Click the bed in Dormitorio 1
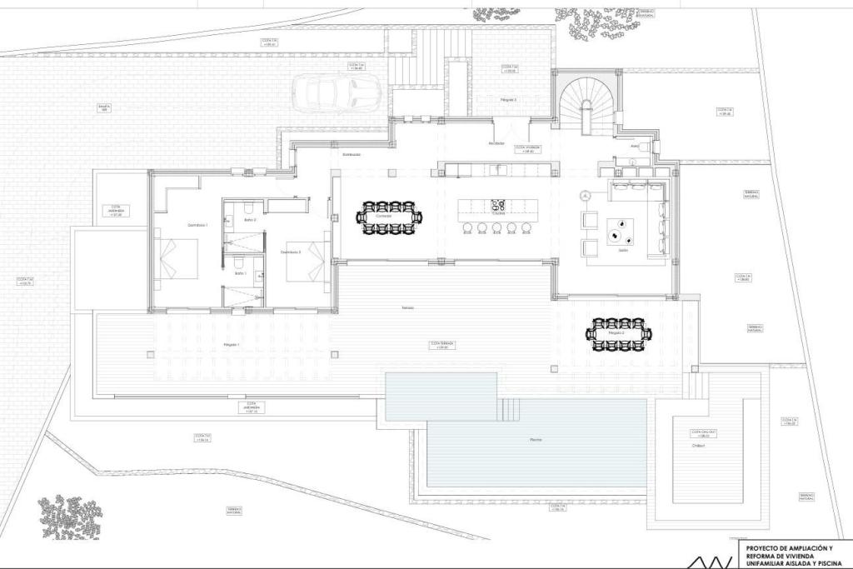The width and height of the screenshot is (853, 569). (x=178, y=260)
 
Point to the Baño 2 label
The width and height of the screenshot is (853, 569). (x=251, y=220)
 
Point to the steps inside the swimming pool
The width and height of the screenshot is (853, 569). (x=510, y=410)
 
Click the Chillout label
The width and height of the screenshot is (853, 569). (x=698, y=445)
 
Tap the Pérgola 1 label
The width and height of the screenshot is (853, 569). (x=231, y=344)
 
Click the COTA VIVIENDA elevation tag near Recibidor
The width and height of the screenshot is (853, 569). (x=528, y=149)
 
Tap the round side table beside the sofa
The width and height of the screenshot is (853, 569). (x=586, y=196)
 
